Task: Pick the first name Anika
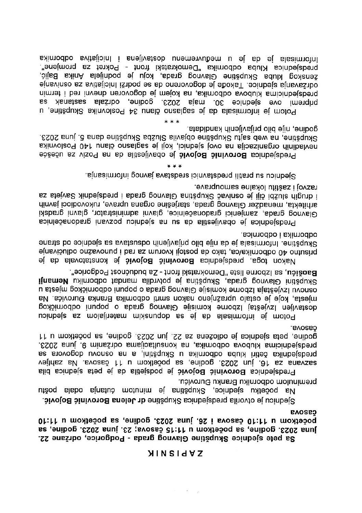[68, 74]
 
